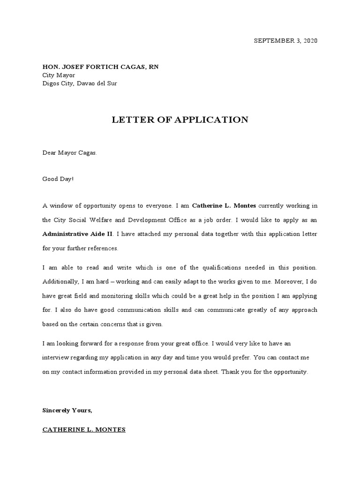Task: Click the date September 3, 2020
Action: coord(285,41)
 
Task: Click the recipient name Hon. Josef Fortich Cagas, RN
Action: coord(100,67)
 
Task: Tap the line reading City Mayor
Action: coord(59,75)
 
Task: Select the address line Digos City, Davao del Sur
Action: coord(80,83)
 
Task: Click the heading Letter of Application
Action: coord(180,120)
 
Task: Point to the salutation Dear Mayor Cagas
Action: coord(70,153)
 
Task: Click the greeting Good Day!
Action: coord(58,179)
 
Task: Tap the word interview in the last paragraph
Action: coord(55,357)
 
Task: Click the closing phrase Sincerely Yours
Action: coord(67,410)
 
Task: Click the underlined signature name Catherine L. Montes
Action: coord(84,429)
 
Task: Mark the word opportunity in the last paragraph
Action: coord(289,371)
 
